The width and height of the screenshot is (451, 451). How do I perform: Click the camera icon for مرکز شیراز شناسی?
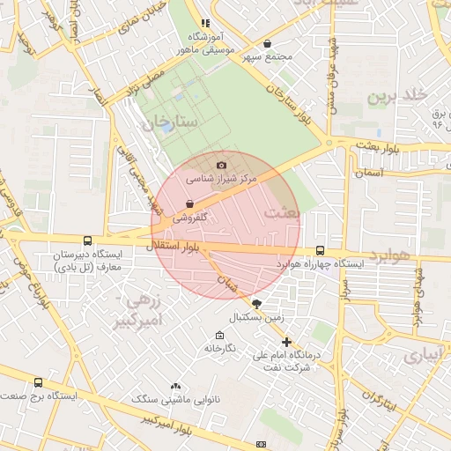click(221, 165)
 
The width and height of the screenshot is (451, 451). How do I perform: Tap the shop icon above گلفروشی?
click(190, 203)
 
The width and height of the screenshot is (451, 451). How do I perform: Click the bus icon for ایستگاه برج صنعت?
click(38, 383)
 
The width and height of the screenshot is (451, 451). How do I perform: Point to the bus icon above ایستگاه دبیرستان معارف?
click(86, 240)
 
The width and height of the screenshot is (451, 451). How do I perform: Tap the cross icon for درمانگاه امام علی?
click(286, 342)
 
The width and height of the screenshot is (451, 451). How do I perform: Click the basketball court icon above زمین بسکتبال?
click(256, 302)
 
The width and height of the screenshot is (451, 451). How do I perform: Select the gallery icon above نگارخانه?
click(219, 336)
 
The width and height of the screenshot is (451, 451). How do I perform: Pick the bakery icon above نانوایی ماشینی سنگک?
click(175, 386)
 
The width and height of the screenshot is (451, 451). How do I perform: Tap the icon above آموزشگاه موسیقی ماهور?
click(205, 24)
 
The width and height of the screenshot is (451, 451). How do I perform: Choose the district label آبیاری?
click(425, 356)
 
